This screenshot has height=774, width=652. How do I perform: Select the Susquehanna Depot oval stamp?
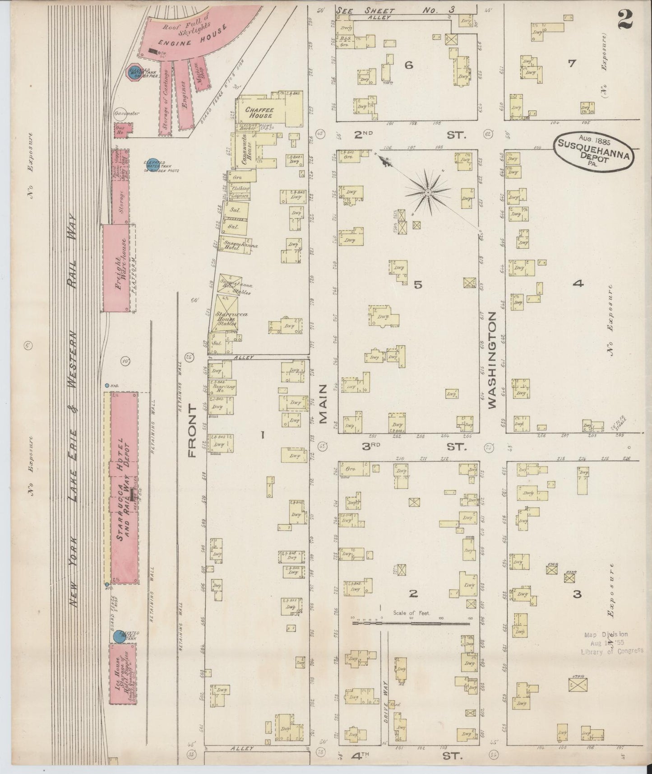[594, 151]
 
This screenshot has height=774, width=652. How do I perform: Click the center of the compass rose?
[427, 193]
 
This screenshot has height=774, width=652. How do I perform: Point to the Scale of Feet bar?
[411, 624]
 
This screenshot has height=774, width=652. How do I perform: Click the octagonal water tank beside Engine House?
[135, 71]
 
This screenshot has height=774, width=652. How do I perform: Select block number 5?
[417, 284]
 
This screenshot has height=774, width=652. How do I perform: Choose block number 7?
[572, 64]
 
